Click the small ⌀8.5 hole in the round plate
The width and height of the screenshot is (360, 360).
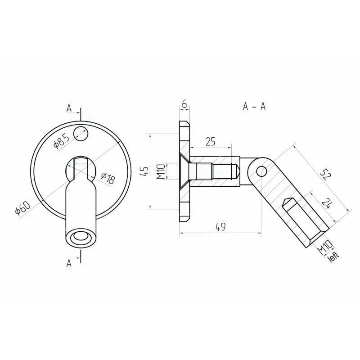pyautogui.click(x=81, y=133)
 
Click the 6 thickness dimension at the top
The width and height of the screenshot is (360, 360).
pyautogui.click(x=184, y=103)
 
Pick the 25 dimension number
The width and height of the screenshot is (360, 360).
pyautogui.click(x=210, y=142)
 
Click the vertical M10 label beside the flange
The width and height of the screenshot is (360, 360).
pyautogui.click(x=160, y=171)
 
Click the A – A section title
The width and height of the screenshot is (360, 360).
pyautogui.click(x=255, y=106)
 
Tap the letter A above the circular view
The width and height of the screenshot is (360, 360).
pyautogui.click(x=69, y=108)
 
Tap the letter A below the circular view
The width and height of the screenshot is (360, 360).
pyautogui.click(x=69, y=263)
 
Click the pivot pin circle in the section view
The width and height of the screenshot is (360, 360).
pyautogui.click(x=261, y=170)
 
